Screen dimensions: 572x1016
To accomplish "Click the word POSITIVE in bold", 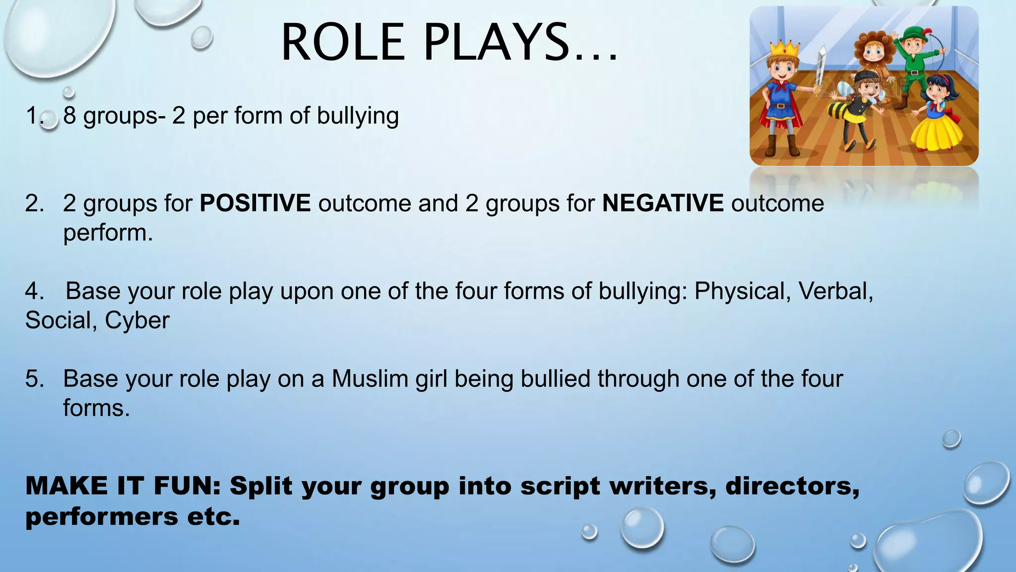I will click(255, 204).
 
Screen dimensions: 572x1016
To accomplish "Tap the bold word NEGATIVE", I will click(663, 204).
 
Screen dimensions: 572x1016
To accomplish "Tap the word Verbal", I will click(835, 291).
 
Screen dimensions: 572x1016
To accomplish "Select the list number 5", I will click(34, 379).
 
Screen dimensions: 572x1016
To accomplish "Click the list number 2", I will click(34, 204).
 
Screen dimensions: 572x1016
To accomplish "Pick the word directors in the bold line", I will click(792, 486).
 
